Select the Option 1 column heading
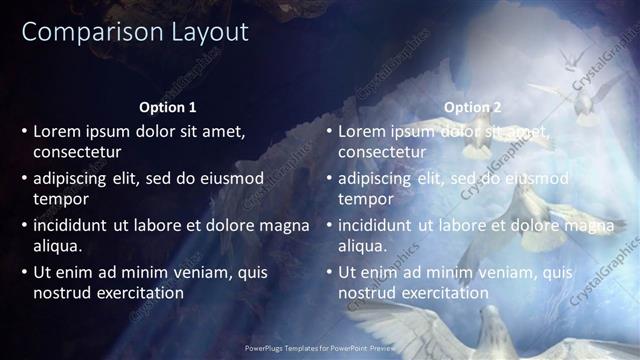pos(167,107)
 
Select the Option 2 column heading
pos(473,107)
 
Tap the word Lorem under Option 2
pos(361,131)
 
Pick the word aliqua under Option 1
pos(57,245)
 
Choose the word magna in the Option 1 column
pos(286,225)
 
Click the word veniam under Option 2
pos(512,272)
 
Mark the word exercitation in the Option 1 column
pos(139,293)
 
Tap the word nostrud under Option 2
pos(368,293)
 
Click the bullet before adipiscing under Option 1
pos(24,178)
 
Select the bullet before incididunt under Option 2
pos(329,225)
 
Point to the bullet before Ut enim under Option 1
pos(24,272)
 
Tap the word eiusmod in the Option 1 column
pos(231,178)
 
